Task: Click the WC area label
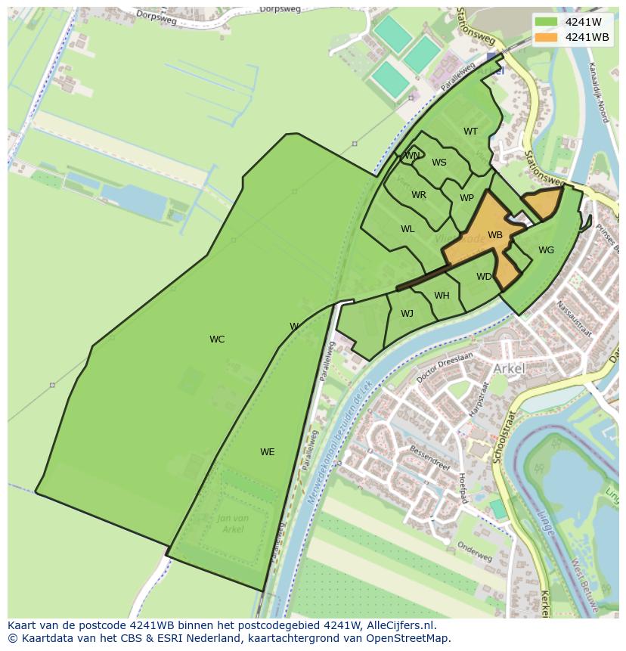(x=217, y=339)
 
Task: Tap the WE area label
(x=267, y=452)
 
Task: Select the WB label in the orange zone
(x=495, y=235)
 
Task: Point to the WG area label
(x=546, y=250)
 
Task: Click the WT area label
(x=470, y=132)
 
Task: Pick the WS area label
(x=439, y=163)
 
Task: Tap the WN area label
(x=412, y=156)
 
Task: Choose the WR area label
(x=419, y=195)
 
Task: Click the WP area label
(x=466, y=199)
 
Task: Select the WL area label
(x=408, y=229)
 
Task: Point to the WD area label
(x=484, y=277)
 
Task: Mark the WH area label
(x=442, y=296)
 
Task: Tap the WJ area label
(x=407, y=314)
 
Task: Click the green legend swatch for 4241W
(x=546, y=22)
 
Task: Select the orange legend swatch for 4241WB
(x=546, y=37)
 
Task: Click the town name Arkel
(x=509, y=368)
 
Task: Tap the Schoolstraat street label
(x=501, y=437)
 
